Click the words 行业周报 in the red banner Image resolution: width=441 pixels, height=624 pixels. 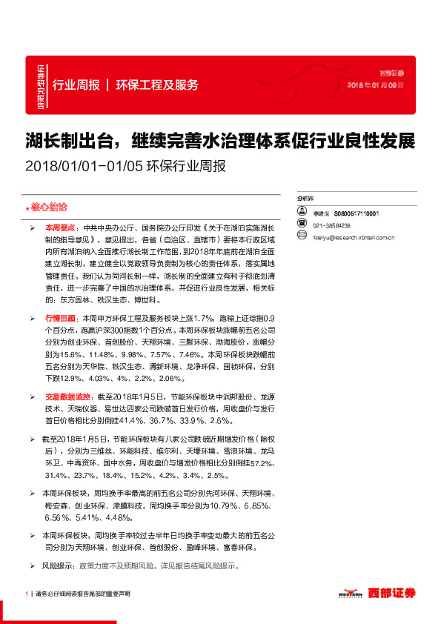tap(76, 84)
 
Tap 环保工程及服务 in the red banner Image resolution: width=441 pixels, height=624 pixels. tap(157, 84)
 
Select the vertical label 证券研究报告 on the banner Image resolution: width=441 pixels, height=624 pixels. tap(41, 84)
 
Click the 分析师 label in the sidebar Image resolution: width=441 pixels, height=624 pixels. tap(305, 199)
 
